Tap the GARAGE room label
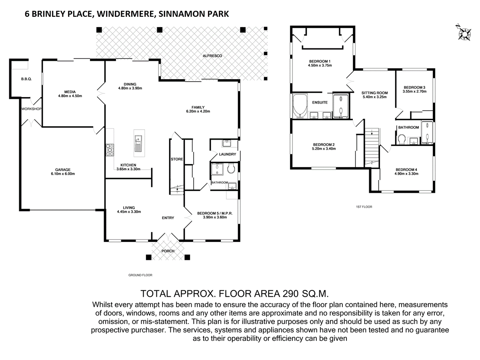pyautogui.click(x=63, y=170)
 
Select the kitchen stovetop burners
pyautogui.click(x=110, y=150)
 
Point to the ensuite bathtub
pyautogui.click(x=300, y=106)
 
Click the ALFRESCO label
pyautogui.click(x=212, y=56)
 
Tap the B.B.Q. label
pyautogui.click(x=26, y=79)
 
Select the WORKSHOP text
pyautogui.click(x=31, y=109)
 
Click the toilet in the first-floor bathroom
pyautogui.click(x=402, y=139)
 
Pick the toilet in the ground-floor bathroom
pyautogui.click(x=231, y=169)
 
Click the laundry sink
pyautogui.click(x=227, y=143)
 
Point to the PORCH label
pyautogui.click(x=168, y=251)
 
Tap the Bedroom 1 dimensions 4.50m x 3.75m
pyautogui.click(x=320, y=65)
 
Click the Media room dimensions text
pyautogui.click(x=70, y=96)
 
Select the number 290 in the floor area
pyautogui.click(x=290, y=294)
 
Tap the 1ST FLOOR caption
pyautogui.click(x=364, y=207)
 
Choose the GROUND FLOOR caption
pyautogui.click(x=140, y=275)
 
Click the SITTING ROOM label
pyautogui.click(x=374, y=93)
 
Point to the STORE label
pyautogui.click(x=177, y=159)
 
